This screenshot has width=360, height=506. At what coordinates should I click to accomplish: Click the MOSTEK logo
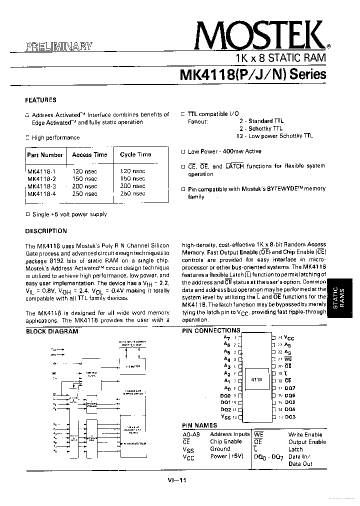pyautogui.click(x=258, y=34)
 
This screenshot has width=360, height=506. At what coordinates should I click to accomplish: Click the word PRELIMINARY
pyautogui.click(x=59, y=46)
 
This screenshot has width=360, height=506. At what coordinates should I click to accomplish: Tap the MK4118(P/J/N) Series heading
pyautogui.click(x=252, y=74)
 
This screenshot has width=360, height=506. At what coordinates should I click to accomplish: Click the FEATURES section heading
pyautogui.click(x=40, y=100)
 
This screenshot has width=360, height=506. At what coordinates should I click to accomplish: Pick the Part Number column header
pyautogui.click(x=45, y=155)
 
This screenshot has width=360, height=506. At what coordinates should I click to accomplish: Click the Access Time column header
pyautogui.click(x=89, y=155)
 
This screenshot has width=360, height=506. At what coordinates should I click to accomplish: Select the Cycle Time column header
pyautogui.click(x=135, y=155)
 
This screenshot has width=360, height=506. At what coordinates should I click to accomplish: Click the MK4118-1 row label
pyautogui.click(x=41, y=171)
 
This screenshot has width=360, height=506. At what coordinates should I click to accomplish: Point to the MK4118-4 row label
pyautogui.click(x=41, y=193)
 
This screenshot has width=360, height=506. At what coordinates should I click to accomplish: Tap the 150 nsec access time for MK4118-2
pyautogui.click(x=84, y=178)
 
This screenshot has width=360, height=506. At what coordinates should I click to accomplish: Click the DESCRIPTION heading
pyautogui.click(x=46, y=231)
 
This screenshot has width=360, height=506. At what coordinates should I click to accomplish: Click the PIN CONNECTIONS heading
pyautogui.click(x=210, y=330)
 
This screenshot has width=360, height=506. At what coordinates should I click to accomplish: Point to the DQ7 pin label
pyautogui.click(x=290, y=388)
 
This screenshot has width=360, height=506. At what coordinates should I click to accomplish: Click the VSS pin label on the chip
pyautogui.click(x=225, y=416)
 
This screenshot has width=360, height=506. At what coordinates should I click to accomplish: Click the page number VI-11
pyautogui.click(x=177, y=480)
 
